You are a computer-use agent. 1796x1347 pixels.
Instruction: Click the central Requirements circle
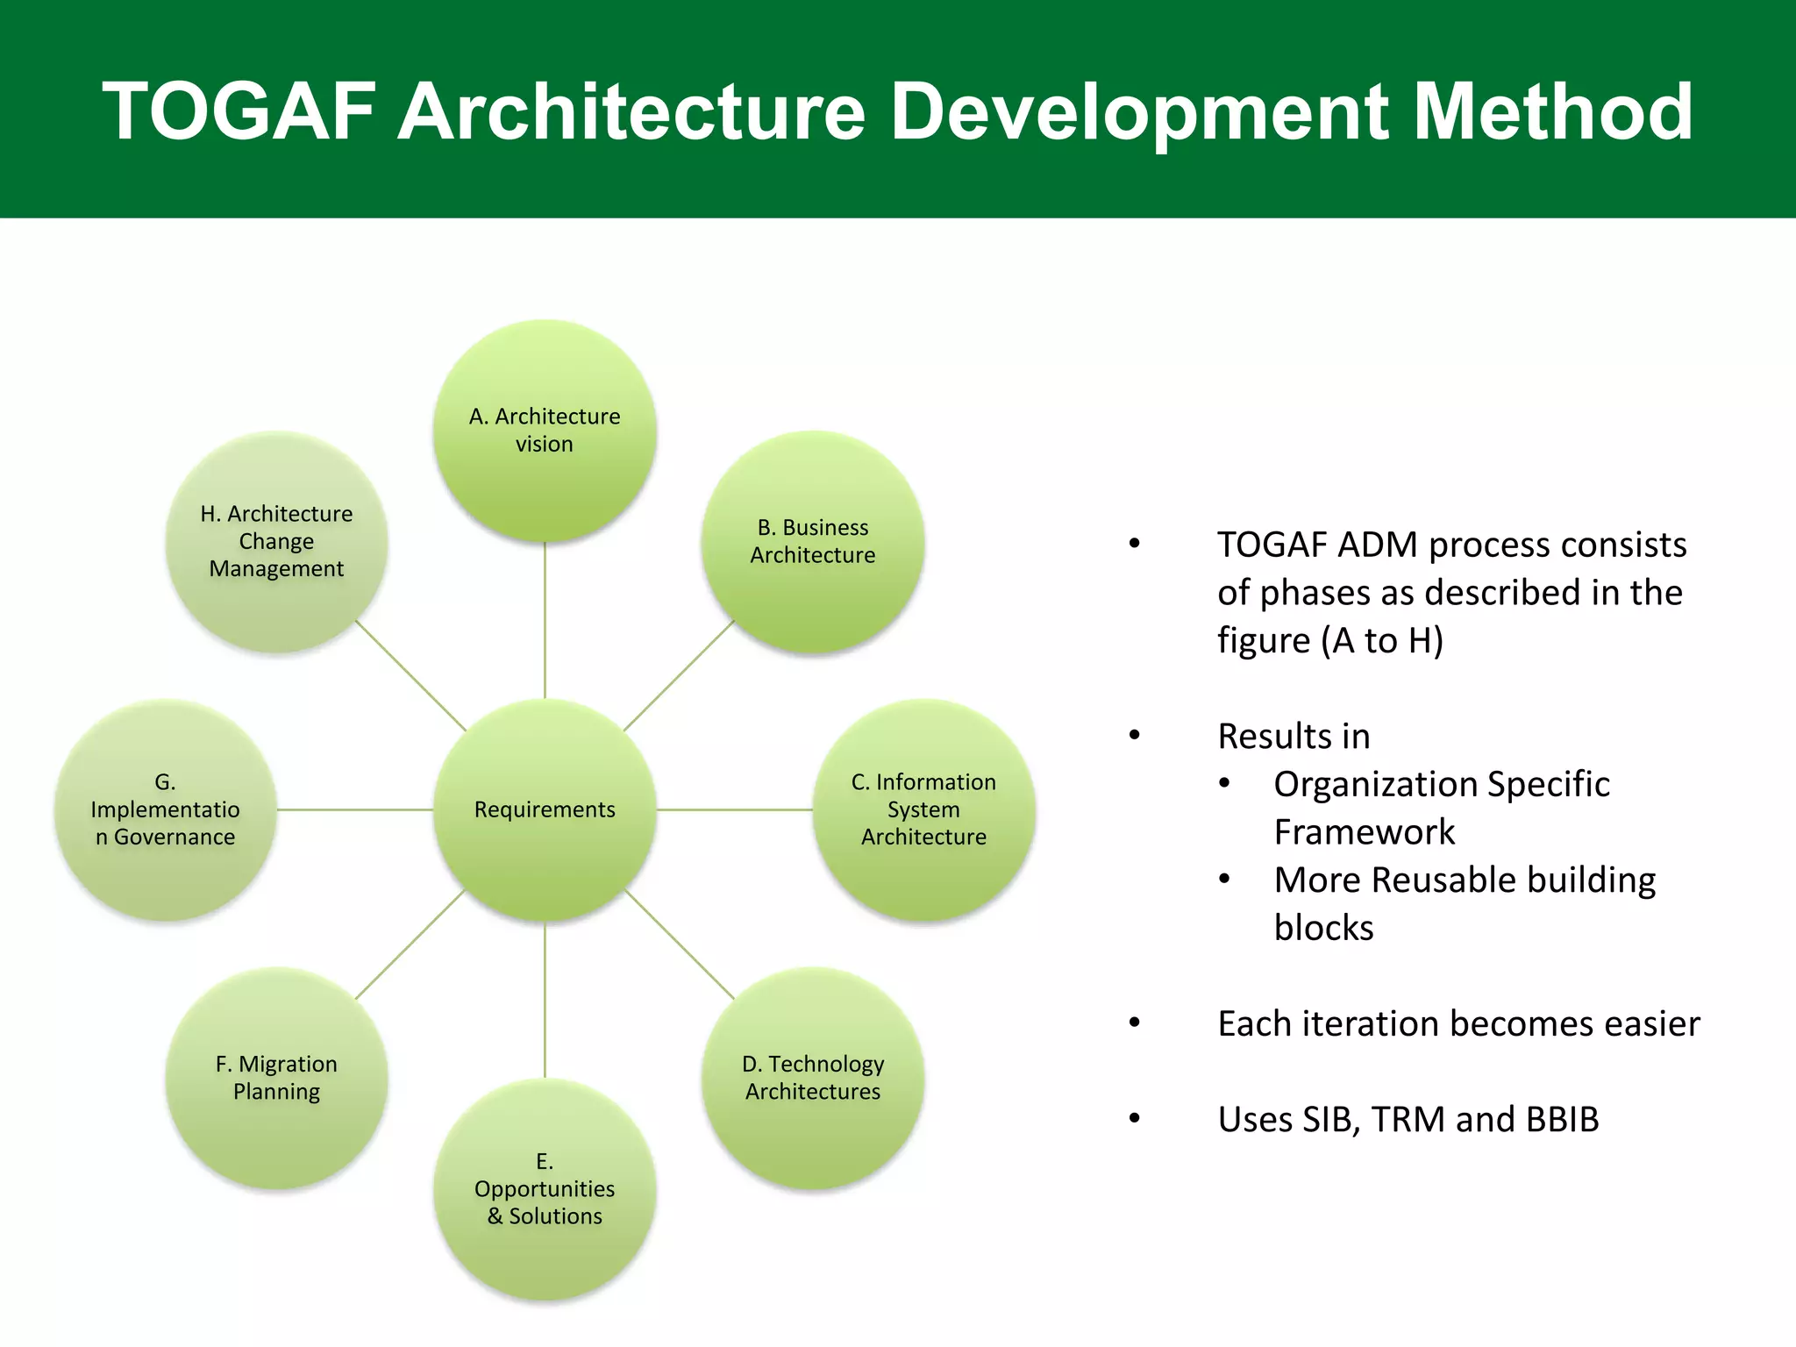(545, 809)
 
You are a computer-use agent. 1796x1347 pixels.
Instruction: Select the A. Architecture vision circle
(545, 430)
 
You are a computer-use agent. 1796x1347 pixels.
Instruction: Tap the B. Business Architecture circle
(813, 541)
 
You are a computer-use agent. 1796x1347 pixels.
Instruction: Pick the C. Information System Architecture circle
(923, 809)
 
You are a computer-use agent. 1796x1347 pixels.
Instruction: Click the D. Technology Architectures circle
(813, 1078)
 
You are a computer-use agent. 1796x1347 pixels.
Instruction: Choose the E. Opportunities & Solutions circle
(545, 1189)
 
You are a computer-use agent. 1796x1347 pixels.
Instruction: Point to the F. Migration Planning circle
(276, 1078)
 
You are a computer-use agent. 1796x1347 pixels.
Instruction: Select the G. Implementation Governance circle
(165, 809)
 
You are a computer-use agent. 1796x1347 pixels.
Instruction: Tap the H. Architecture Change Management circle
(276, 541)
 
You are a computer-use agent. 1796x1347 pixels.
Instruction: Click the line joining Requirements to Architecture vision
(545, 620)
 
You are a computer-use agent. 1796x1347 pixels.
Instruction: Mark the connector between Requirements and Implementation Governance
(355, 809)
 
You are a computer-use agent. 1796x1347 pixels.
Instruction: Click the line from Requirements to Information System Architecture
(735, 809)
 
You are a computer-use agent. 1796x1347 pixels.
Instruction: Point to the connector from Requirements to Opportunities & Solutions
(545, 1000)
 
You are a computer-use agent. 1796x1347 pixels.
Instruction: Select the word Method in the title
(1553, 111)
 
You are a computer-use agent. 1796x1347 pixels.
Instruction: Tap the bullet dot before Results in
(1135, 735)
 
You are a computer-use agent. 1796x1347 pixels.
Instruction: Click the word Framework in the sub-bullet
(1364, 831)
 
